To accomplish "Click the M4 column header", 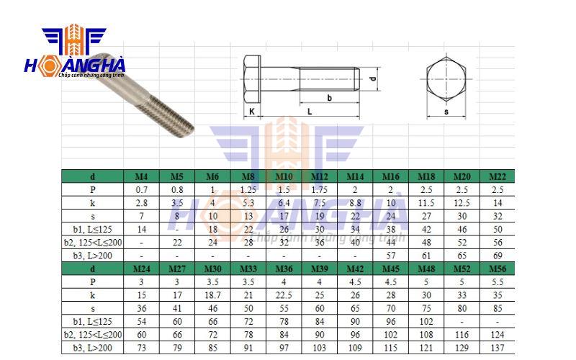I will pyautogui.click(x=142, y=176).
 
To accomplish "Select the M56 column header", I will pyautogui.click(x=497, y=269).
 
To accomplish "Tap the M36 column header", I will pyautogui.click(x=284, y=269).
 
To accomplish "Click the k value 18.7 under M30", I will pyautogui.click(x=212, y=295).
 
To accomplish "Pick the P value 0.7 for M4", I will pyautogui.click(x=142, y=190).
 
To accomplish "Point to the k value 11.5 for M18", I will pyautogui.click(x=426, y=203).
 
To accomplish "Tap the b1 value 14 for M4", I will pyautogui.click(x=142, y=229).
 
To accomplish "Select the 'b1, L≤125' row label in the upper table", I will pyautogui.click(x=92, y=229).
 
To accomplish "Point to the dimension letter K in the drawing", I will pyautogui.click(x=252, y=112).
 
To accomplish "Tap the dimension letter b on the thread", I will pyautogui.click(x=329, y=97).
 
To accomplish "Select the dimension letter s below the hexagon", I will pyautogui.click(x=446, y=112).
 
